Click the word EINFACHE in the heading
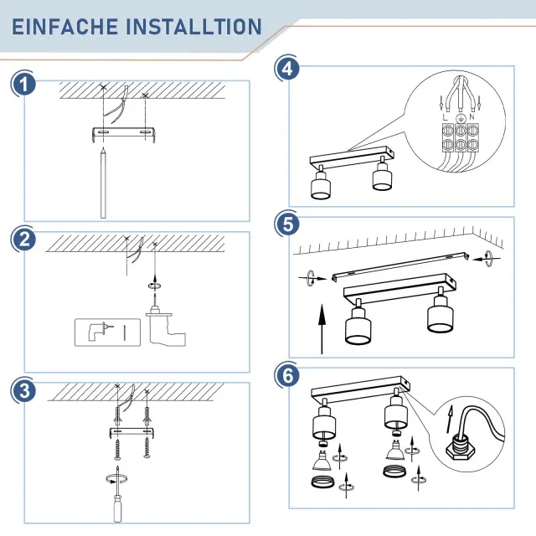tap(65, 27)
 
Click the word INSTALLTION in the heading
tap(193, 27)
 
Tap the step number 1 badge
tap(23, 85)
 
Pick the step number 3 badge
tap(23, 390)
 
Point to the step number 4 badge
tap(287, 68)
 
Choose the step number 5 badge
tap(288, 224)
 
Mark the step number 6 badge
tap(288, 375)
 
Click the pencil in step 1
tap(103, 183)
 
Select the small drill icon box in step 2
tap(107, 332)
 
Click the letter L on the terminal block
tap(445, 117)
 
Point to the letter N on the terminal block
tap(472, 117)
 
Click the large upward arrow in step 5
tap(322, 329)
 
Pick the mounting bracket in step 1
tap(124, 134)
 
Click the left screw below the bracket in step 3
tap(117, 449)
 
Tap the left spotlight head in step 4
tap(321, 183)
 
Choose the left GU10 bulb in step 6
tap(322, 461)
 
